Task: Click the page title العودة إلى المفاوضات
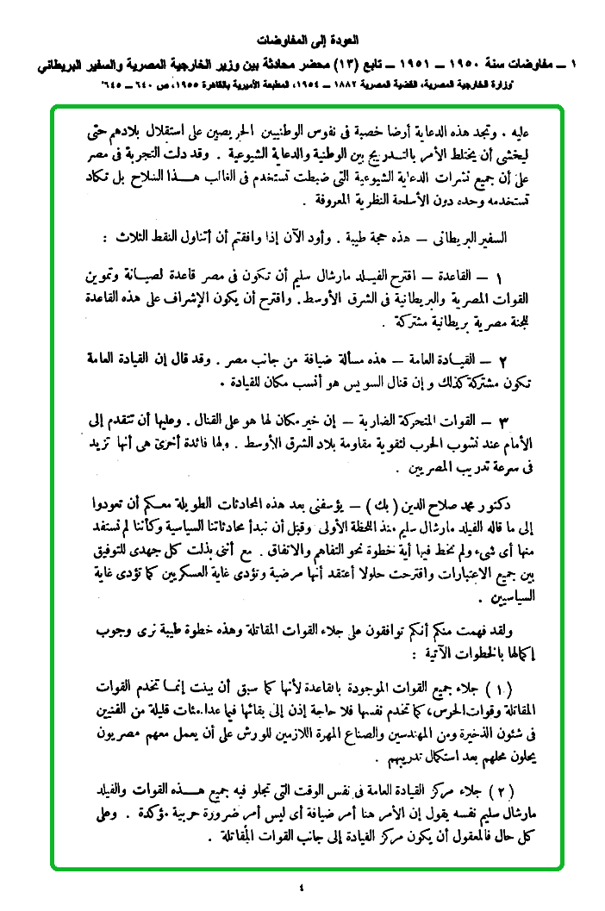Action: pyautogui.click(x=309, y=40)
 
